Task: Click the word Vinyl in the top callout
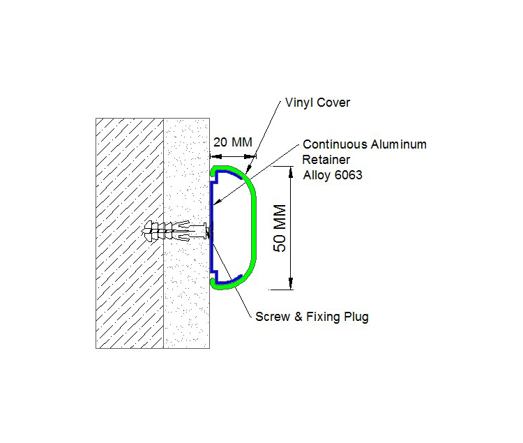[298, 103]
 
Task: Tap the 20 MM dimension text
[233, 142]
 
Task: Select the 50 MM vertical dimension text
[280, 228]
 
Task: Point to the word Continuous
[335, 144]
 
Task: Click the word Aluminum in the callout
[399, 144]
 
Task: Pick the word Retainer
[326, 160]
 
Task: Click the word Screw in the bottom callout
[273, 317]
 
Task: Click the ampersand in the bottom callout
[298, 317]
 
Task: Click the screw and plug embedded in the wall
[177, 230]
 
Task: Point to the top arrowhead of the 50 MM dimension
[291, 172]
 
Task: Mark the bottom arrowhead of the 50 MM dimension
[291, 283]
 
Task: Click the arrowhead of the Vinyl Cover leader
[249, 170]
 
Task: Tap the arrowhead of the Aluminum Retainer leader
[217, 201]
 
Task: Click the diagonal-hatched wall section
[130, 233]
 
